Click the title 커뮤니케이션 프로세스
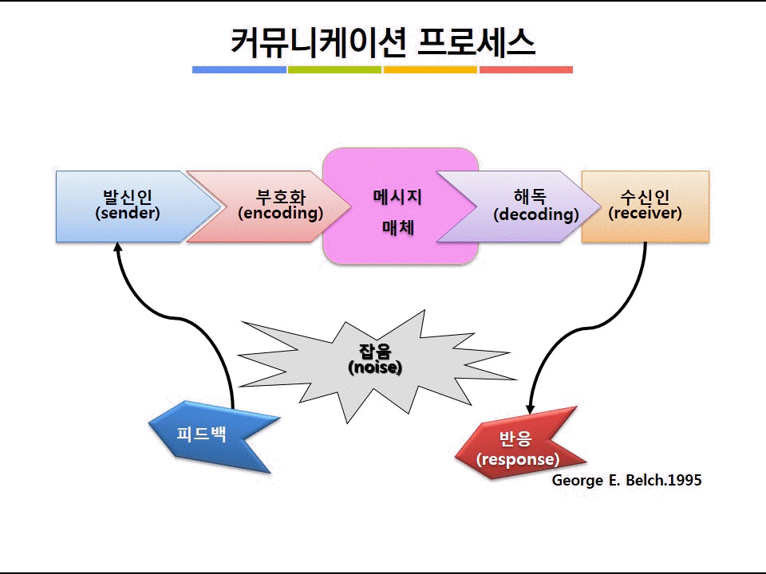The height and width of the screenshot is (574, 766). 382,42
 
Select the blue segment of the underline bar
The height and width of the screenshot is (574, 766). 239,70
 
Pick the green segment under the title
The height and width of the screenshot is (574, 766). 334,70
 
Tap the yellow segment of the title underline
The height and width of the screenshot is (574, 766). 430,70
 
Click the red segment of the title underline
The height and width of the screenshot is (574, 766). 526,70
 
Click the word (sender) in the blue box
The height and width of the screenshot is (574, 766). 128,214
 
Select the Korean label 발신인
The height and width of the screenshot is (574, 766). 128,197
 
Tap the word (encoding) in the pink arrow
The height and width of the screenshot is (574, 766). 281,214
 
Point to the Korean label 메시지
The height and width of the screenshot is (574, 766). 397,197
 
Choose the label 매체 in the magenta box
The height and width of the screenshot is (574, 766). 398,227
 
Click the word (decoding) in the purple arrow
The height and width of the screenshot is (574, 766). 536,214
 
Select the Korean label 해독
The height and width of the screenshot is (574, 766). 530,197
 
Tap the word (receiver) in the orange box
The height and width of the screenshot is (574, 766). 645,214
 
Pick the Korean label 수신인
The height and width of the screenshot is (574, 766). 645,197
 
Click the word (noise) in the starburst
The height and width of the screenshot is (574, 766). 375,368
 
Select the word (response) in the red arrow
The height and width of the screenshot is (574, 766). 518,459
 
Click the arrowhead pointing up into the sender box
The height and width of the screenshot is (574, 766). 117,246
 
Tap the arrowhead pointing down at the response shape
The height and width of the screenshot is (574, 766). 530,410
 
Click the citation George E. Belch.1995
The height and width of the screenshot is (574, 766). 627,480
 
